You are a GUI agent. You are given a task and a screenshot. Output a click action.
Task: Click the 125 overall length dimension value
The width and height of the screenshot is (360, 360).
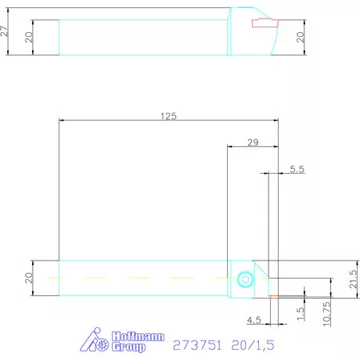pyautogui.click(x=167, y=116)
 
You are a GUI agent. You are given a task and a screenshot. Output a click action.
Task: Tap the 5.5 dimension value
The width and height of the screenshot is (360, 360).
pyautogui.click(x=297, y=168)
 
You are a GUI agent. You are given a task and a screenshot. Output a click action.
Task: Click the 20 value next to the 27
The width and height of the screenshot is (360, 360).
pyautogui.click(x=29, y=38)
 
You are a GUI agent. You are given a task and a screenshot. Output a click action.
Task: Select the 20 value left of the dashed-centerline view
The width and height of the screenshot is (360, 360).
pyautogui.click(x=29, y=278)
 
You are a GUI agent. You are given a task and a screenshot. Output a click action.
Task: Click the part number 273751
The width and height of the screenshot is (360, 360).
pyautogui.click(x=196, y=342)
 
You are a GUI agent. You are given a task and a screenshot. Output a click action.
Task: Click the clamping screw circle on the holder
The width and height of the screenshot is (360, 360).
pyautogui.click(x=246, y=279)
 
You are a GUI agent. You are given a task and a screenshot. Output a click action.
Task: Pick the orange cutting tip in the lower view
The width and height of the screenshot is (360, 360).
pyautogui.click(x=273, y=297)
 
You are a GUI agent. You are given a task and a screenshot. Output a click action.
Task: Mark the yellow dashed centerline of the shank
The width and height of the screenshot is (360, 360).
pyautogui.click(x=141, y=278)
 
